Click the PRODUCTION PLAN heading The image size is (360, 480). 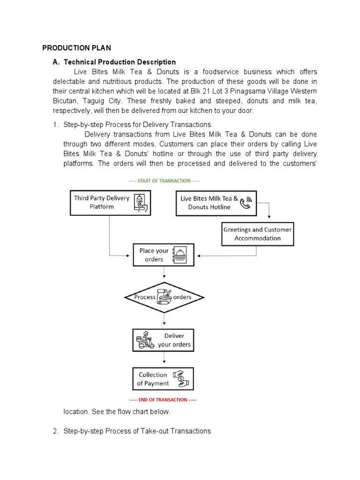tap(76, 48)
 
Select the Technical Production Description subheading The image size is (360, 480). tap(120, 62)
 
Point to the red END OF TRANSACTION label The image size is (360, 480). tap(163, 400)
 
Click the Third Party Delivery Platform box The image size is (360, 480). tap(110, 202)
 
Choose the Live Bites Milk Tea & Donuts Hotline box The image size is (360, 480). tap(216, 202)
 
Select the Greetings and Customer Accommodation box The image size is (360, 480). tap(257, 234)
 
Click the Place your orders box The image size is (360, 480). tap(163, 255)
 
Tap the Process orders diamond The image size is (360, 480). tap(164, 297)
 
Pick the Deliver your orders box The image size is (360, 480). tap(163, 340)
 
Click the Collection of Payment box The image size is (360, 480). tap(163, 379)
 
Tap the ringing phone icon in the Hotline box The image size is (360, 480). tap(246, 202)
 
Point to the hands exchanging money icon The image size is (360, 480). tap(180, 379)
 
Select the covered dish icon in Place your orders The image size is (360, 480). tap(180, 255)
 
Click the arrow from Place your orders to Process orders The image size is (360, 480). tap(164, 273)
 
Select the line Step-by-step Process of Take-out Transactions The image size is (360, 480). tap(137, 431)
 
